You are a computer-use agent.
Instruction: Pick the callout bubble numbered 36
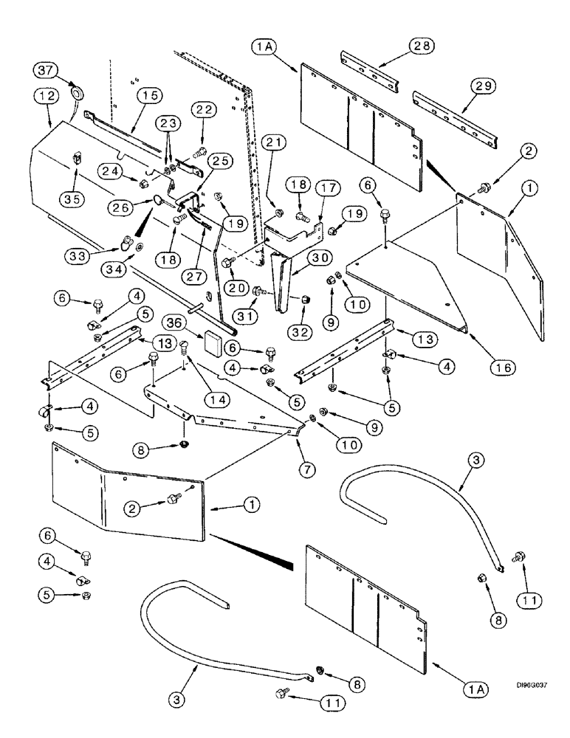click(173, 323)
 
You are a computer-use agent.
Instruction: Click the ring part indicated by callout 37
click(76, 94)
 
